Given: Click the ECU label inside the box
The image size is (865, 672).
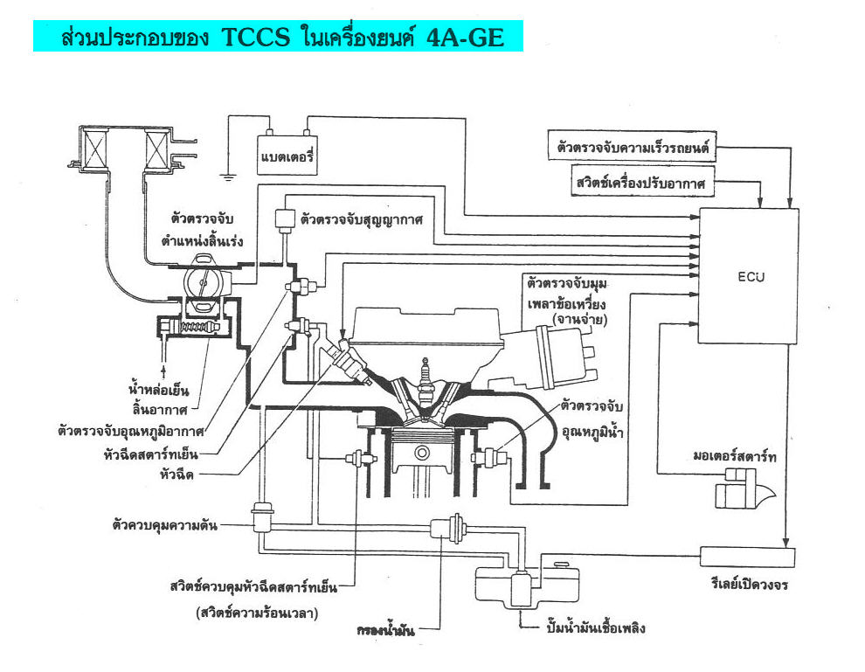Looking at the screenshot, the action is (x=751, y=277).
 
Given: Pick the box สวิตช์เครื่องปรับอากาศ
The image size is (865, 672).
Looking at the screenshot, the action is (x=643, y=183).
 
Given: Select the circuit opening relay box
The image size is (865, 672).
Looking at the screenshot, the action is (x=748, y=557).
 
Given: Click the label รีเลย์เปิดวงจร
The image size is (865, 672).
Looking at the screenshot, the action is (x=749, y=585).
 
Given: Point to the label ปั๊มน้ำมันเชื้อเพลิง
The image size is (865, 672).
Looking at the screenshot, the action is (x=596, y=628).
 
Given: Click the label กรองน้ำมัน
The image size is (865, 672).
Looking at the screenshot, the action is (x=385, y=630).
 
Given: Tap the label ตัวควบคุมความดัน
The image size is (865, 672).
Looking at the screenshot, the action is (x=165, y=524).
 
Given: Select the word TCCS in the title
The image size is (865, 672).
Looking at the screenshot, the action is (x=255, y=38).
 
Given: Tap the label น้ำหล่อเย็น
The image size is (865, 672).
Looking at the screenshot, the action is (x=159, y=390).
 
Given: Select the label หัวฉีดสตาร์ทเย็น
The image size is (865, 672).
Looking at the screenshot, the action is (x=150, y=455).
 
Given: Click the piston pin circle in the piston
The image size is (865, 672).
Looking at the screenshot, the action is (x=423, y=453).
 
